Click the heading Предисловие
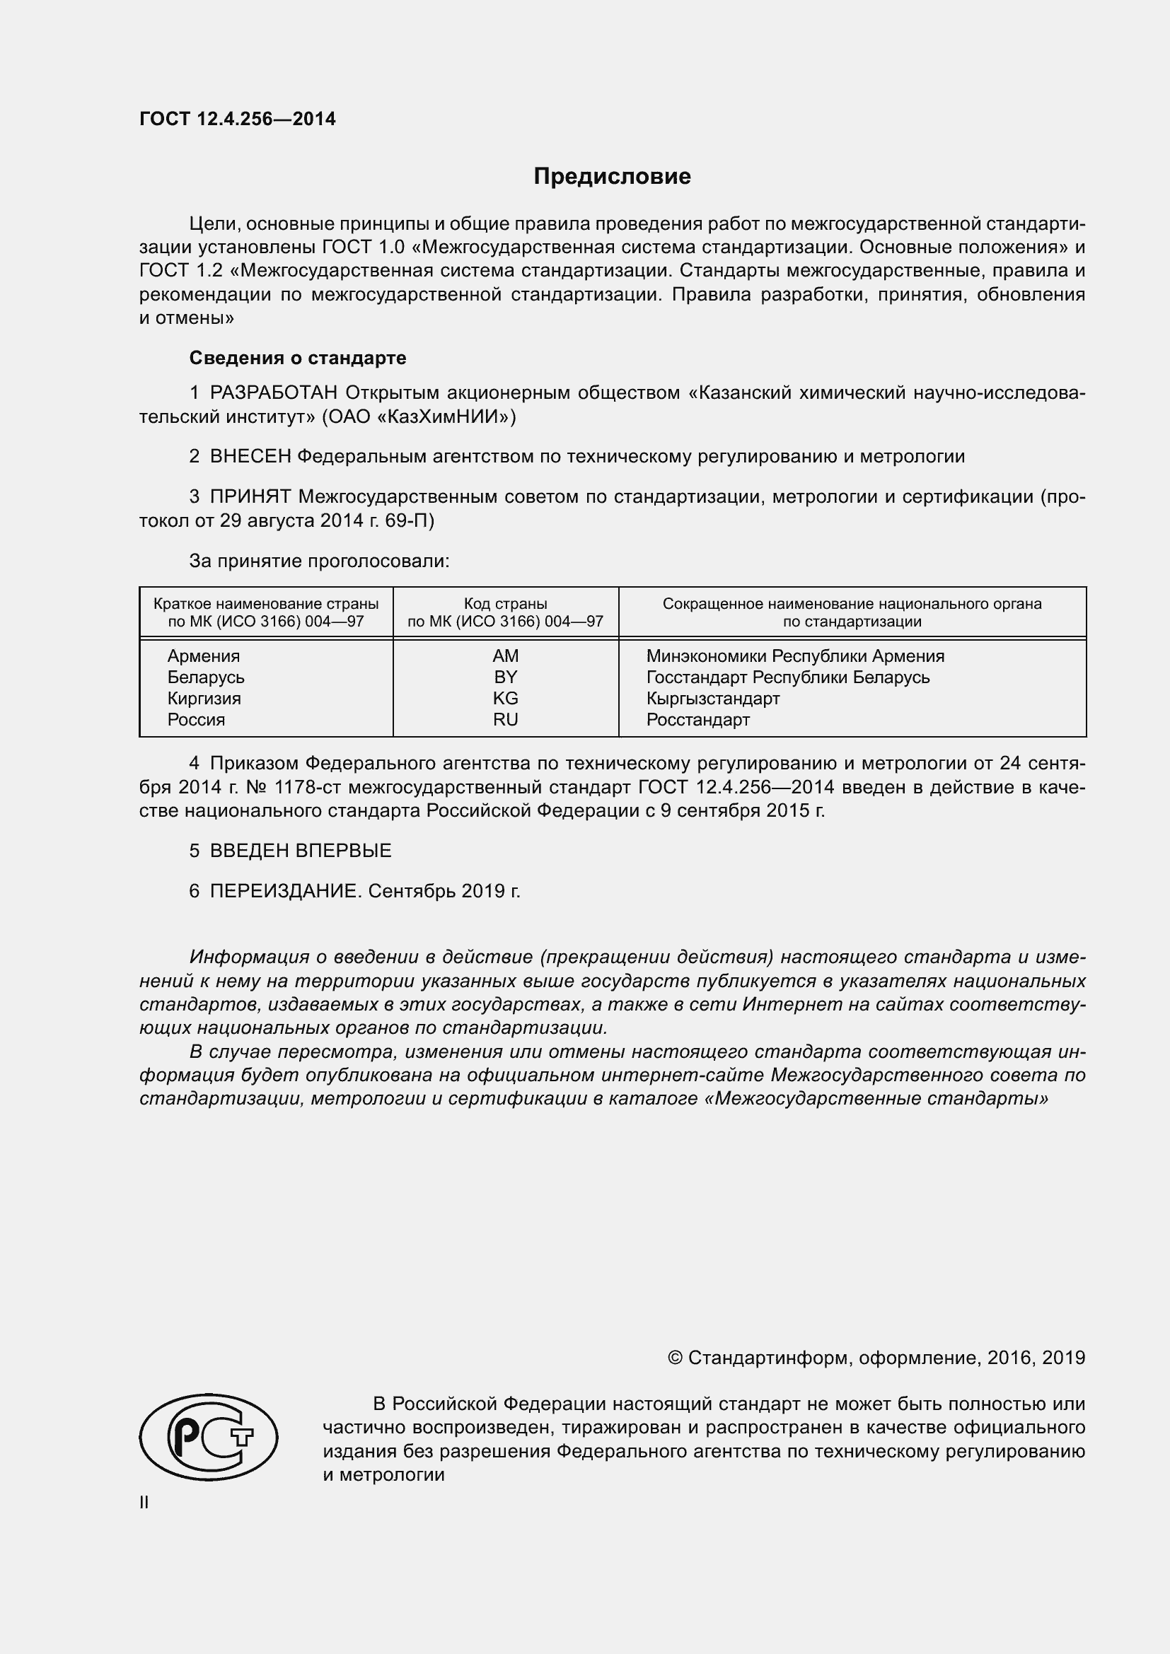(612, 177)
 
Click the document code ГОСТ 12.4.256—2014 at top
(237, 119)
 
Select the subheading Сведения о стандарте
(298, 358)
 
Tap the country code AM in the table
(505, 656)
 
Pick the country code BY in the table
(505, 677)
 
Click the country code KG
(505, 698)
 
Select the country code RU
(505, 720)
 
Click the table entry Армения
(203, 656)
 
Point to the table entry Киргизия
(204, 698)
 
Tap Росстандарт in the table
(697, 720)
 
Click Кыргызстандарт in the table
(712, 698)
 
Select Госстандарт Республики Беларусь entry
(787, 677)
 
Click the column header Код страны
(505, 604)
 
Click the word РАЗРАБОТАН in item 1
(274, 392)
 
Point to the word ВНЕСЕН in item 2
(250, 456)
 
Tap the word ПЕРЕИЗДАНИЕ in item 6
(284, 891)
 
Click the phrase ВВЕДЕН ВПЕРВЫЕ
(301, 851)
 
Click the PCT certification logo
(208, 1436)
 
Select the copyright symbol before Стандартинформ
(674, 1358)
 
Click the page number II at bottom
(144, 1503)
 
